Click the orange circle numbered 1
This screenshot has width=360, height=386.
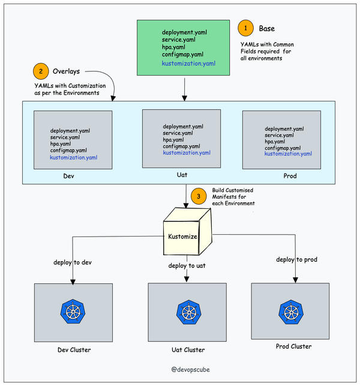pos(245,28)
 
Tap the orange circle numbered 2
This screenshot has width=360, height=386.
pos(41,71)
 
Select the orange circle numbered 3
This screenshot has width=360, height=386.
pos(199,196)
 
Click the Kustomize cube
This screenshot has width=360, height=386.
pos(187,231)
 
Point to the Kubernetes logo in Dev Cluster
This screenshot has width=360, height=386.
pos(73,312)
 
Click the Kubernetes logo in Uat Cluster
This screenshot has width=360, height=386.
pos(189,312)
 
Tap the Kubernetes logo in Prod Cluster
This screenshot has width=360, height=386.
pos(291,312)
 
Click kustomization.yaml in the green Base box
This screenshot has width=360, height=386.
pos(188,64)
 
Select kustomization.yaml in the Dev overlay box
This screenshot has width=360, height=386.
pos(74,157)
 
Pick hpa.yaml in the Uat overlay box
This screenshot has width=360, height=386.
pos(173,140)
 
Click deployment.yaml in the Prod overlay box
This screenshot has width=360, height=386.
pos(284,128)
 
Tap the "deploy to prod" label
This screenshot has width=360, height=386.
pos(296,259)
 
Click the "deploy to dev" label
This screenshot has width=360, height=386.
pos(73,262)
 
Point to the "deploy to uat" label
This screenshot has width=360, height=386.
pos(187,265)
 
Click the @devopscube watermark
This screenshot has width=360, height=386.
pos(190,370)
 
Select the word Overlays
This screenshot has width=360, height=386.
pos(66,71)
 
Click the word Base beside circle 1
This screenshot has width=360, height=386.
pos(267,29)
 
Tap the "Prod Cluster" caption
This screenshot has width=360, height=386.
pos(293,346)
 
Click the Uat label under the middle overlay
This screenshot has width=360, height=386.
pos(182,175)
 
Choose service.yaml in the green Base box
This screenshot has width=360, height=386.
pos(179,40)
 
